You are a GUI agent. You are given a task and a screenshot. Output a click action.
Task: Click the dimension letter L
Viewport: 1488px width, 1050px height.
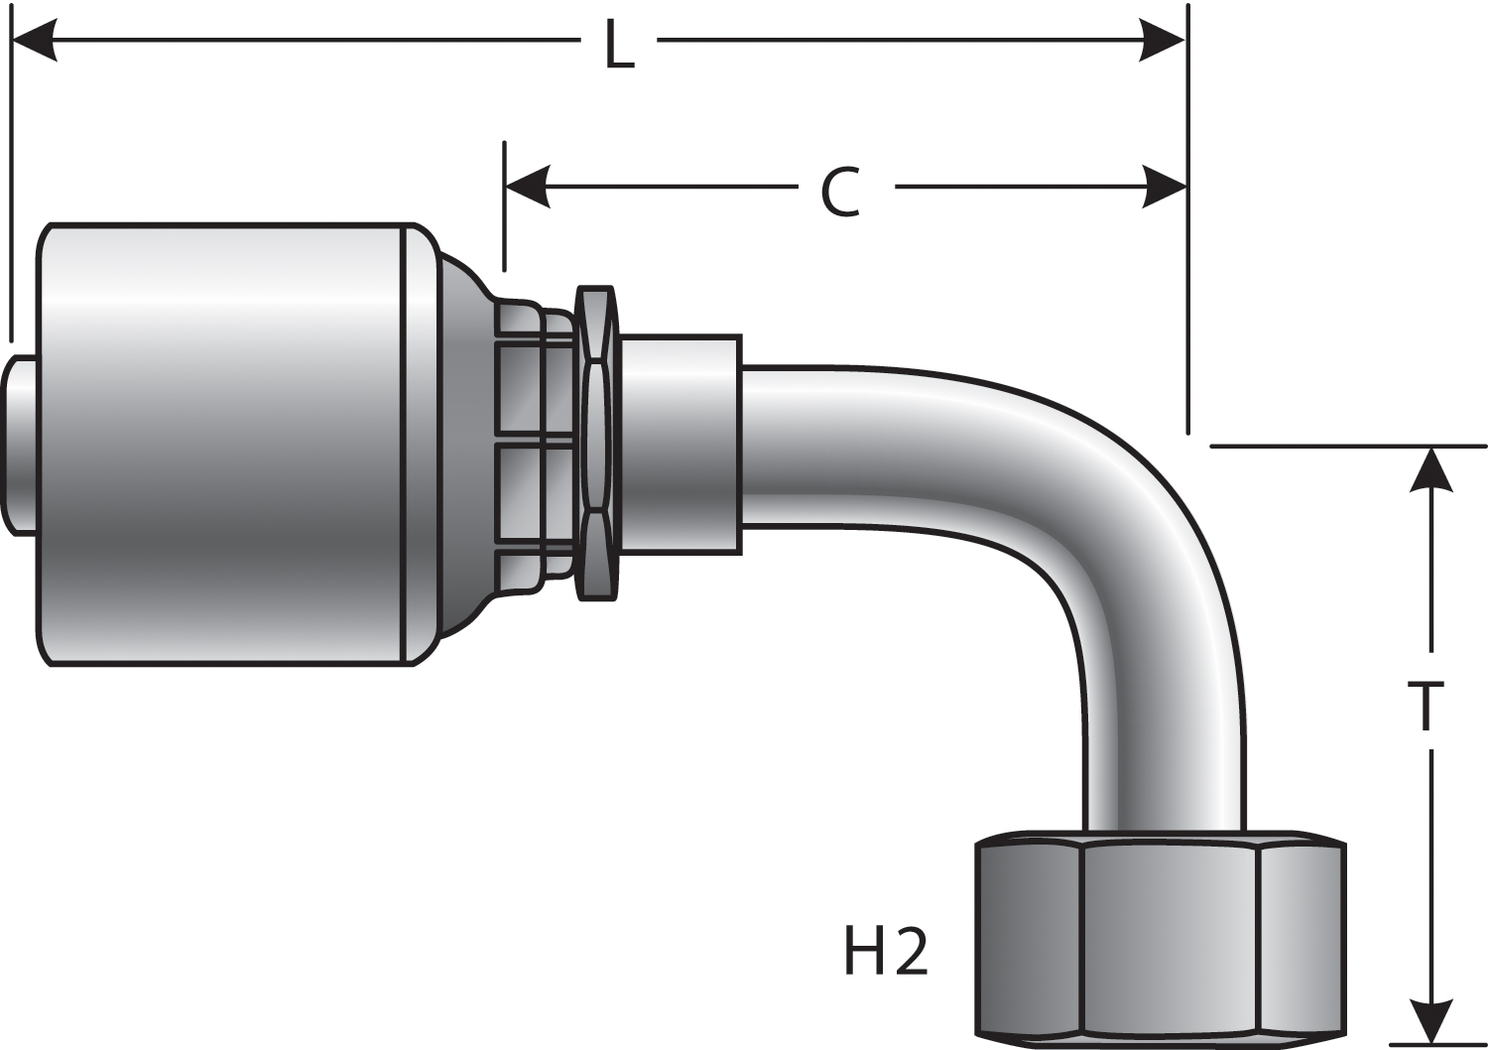[619, 46]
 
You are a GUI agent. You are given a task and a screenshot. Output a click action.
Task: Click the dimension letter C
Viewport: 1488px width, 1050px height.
[840, 192]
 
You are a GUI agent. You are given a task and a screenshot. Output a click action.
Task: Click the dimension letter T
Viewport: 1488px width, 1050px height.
[1426, 705]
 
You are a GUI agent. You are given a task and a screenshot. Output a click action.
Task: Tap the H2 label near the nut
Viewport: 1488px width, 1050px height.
[885, 951]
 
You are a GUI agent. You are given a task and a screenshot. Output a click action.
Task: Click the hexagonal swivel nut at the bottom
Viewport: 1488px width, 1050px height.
[1161, 938]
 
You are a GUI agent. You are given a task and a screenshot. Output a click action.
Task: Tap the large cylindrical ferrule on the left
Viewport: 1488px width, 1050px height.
[223, 444]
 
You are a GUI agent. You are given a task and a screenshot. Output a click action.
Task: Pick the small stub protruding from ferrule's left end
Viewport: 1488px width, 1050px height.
[20, 444]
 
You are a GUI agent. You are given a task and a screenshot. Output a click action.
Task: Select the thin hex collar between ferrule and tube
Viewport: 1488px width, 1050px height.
[596, 444]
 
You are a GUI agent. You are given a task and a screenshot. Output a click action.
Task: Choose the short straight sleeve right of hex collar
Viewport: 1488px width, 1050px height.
[680, 444]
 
